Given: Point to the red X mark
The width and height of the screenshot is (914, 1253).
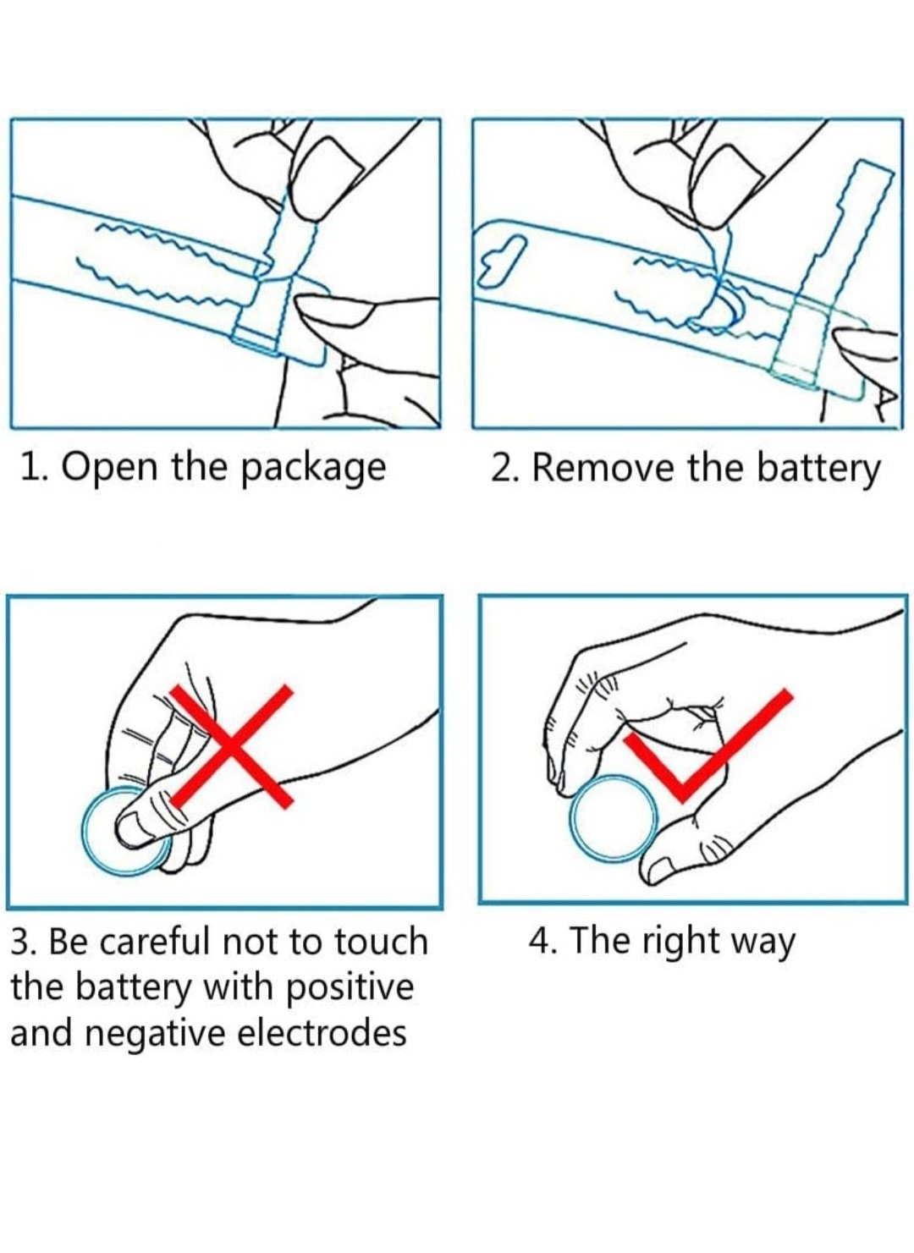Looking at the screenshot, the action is coord(230,746).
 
